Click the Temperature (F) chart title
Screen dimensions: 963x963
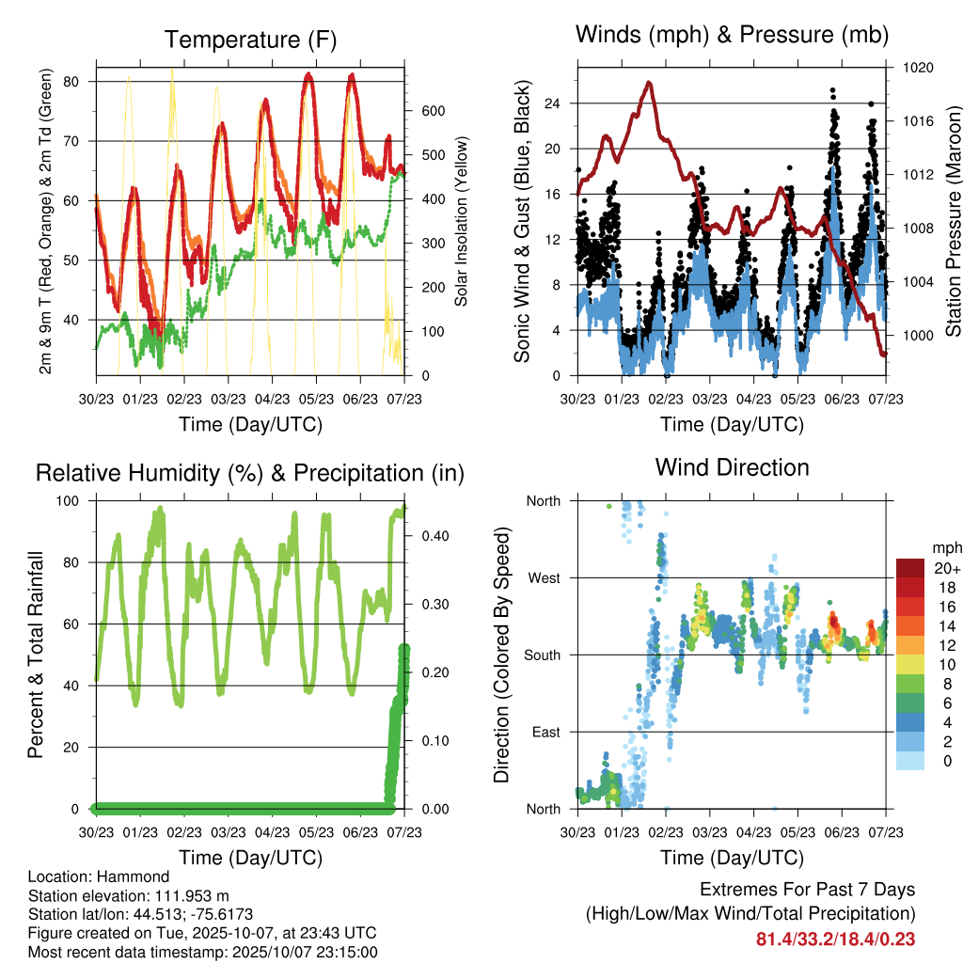point(249,39)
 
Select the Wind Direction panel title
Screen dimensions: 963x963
point(732,467)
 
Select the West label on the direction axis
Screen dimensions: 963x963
point(544,578)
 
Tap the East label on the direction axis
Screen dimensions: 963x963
point(545,733)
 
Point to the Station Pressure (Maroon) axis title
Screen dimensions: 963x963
point(953,208)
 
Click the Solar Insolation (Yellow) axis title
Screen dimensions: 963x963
point(462,222)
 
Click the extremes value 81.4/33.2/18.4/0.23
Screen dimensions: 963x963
point(835,939)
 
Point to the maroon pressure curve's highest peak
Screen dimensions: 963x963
point(648,83)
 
